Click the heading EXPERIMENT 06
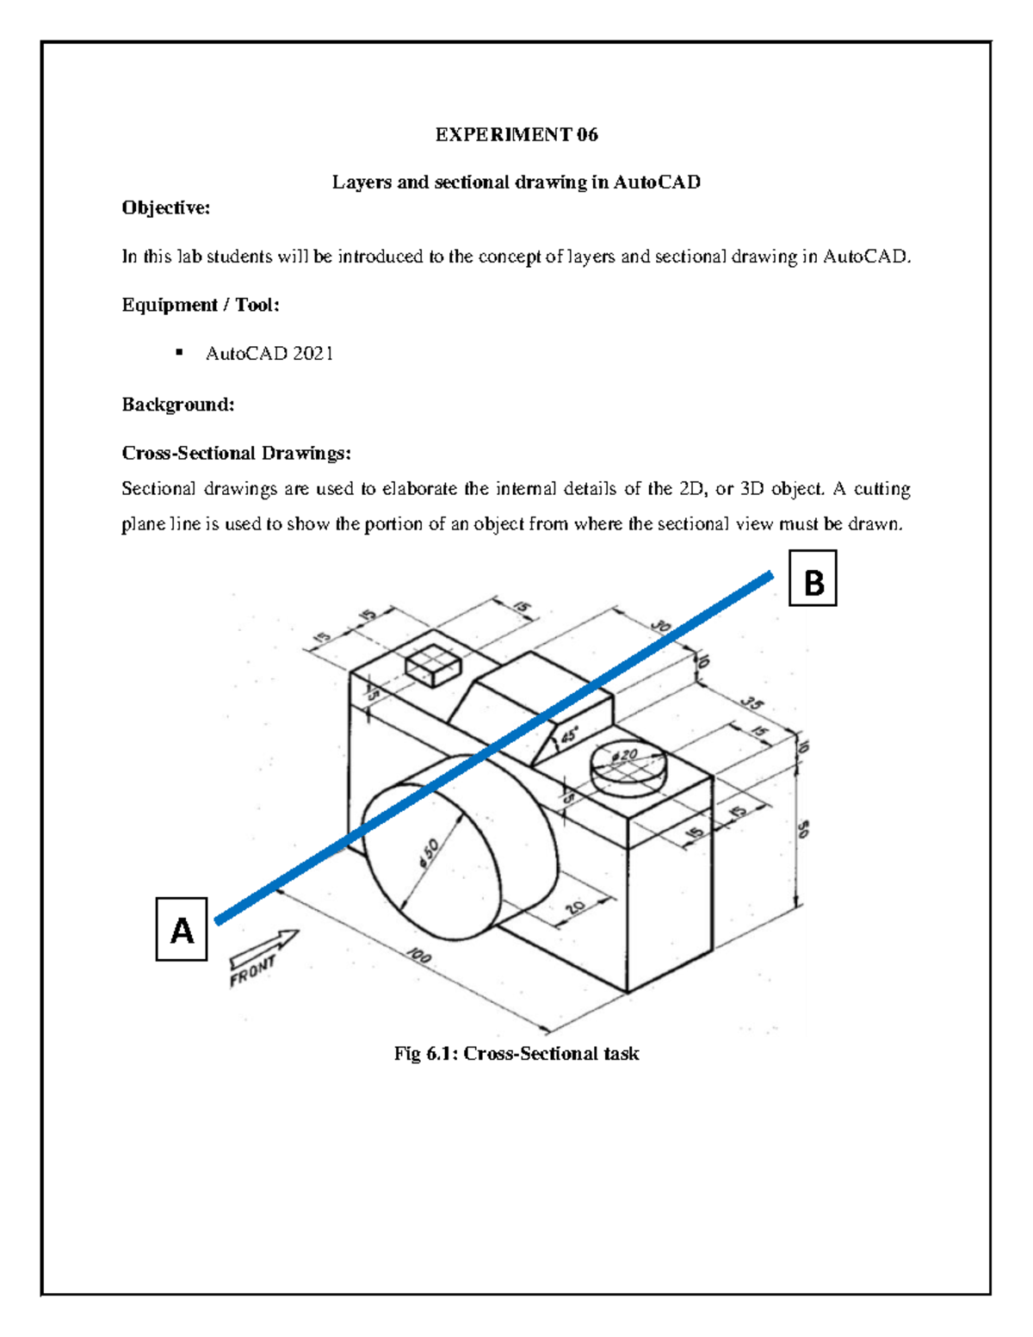point(516,134)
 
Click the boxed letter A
point(182,930)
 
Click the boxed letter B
point(813,583)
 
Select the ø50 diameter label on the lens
point(429,853)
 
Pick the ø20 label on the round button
point(626,755)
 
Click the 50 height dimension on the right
point(803,829)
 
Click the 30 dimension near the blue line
point(661,626)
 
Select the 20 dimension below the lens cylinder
point(575,907)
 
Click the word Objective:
point(165,207)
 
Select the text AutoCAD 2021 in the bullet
point(269,354)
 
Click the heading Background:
point(178,405)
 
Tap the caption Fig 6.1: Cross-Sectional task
point(516,1054)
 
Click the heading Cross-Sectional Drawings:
point(237,454)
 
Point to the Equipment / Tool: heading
point(201,305)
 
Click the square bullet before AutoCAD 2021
point(179,352)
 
